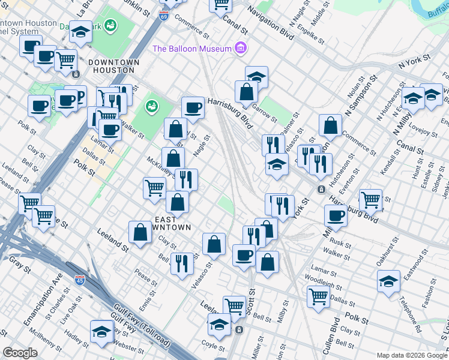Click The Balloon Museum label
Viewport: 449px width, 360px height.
tap(192, 49)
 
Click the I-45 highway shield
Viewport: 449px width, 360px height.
tap(80, 280)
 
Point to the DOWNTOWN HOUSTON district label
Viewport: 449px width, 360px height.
tap(113, 66)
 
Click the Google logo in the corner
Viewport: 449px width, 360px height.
tap(20, 353)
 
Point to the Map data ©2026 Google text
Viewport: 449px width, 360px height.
tap(411, 355)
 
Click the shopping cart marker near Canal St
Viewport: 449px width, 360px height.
tap(221, 4)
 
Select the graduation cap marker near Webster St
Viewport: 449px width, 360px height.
tap(101, 330)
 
